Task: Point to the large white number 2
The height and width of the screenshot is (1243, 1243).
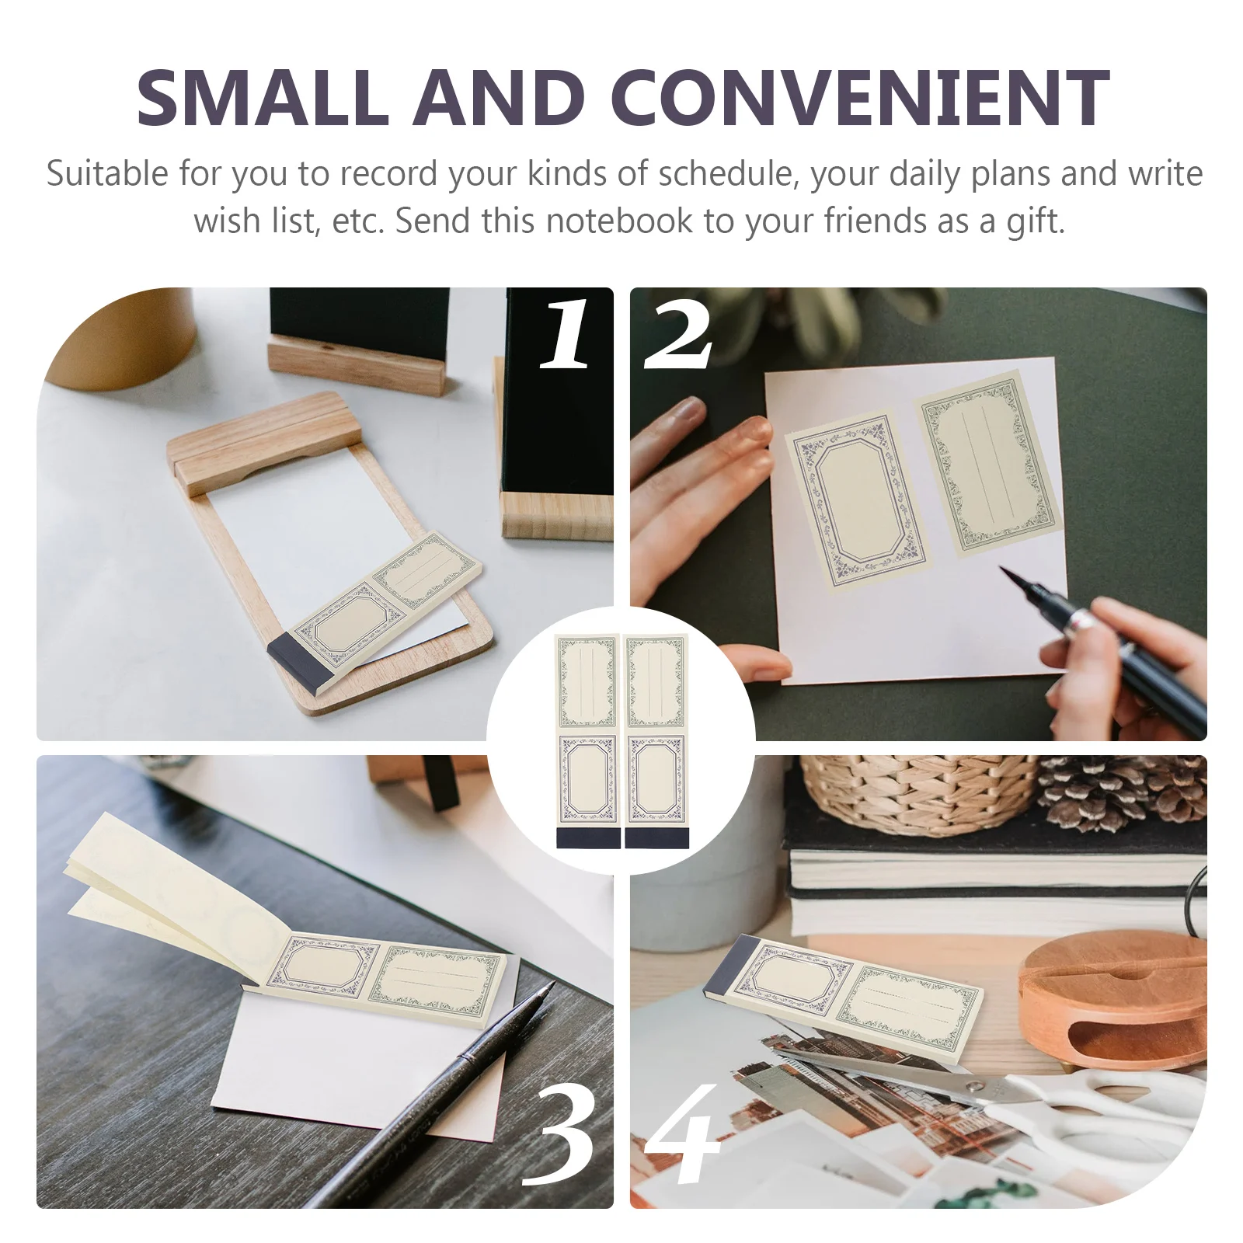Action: tap(677, 336)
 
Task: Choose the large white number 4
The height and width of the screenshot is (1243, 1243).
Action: tap(684, 1134)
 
